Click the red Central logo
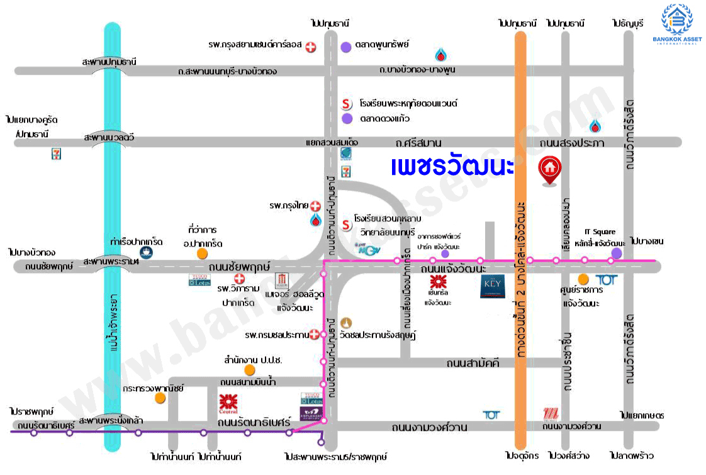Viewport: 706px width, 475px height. coord(228,402)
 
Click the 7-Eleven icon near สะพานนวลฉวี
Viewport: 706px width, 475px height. coord(57,154)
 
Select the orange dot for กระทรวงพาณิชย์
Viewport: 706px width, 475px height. coord(160,398)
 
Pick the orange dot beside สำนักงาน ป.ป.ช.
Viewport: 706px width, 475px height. coord(250,370)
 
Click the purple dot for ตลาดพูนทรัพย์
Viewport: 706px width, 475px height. coord(345,47)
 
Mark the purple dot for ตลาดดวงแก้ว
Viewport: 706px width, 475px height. coord(347,118)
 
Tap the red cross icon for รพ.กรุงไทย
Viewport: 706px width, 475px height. coord(315,206)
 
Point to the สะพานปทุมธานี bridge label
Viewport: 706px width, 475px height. coord(108,62)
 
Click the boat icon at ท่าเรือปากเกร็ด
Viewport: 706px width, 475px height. coord(146,253)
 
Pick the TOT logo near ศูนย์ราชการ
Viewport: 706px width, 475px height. coord(605,279)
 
